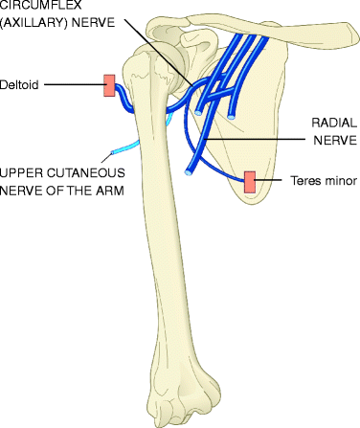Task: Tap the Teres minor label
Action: click(x=322, y=181)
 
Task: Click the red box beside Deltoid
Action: click(x=110, y=86)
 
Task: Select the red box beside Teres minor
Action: click(x=250, y=181)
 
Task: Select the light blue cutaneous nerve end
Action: click(x=114, y=150)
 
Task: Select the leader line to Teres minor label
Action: click(x=272, y=181)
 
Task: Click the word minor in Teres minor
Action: click(x=336, y=181)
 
